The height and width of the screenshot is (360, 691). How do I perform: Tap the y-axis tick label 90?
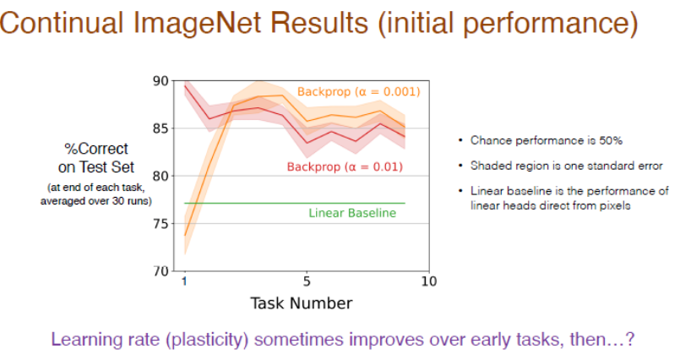[x=161, y=81]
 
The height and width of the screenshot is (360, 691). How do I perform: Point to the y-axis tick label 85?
[x=161, y=128]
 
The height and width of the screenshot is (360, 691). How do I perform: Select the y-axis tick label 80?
[x=161, y=177]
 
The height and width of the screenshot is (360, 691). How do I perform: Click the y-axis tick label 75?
[x=161, y=224]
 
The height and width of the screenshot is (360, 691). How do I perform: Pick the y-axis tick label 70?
[x=161, y=271]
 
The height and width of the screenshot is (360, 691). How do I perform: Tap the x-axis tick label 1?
[x=184, y=281]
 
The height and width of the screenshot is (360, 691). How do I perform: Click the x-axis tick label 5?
[x=307, y=281]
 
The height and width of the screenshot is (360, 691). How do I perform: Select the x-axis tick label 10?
[x=429, y=281]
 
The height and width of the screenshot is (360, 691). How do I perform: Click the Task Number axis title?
[x=302, y=303]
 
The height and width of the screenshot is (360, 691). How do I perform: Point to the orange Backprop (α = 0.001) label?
[x=359, y=91]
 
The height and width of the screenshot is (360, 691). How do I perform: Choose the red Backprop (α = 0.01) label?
[x=345, y=167]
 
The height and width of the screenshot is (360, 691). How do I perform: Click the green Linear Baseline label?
[x=352, y=213]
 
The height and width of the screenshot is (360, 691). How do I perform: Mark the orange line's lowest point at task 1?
[x=185, y=235]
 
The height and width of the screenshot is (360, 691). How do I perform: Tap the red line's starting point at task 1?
[x=185, y=86]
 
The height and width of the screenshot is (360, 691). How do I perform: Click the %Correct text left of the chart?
[x=96, y=149]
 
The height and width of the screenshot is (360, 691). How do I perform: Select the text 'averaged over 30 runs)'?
[x=96, y=201]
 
